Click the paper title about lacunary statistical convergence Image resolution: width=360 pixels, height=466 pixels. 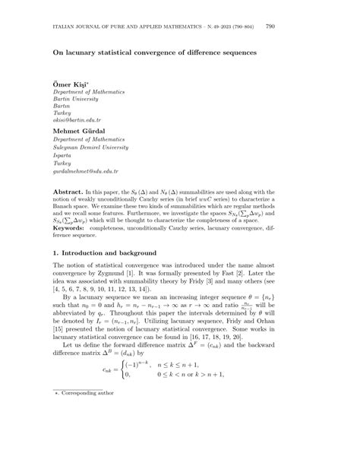pyautogui.click(x=155, y=52)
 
